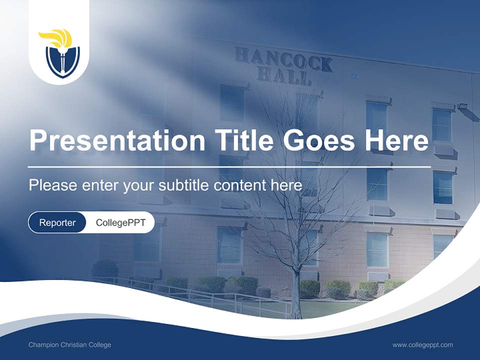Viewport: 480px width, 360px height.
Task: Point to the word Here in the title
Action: [x=396, y=140]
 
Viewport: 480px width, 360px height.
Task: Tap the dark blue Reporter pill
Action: [x=57, y=222]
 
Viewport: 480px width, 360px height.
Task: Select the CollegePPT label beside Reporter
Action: [x=120, y=222]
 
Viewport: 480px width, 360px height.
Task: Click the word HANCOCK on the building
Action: [x=283, y=59]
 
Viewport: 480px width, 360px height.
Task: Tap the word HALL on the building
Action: [x=284, y=76]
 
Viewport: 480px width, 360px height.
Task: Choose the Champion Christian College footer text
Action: [x=69, y=345]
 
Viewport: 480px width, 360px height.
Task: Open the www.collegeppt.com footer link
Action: [x=422, y=345]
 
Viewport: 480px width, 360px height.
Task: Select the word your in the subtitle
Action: [x=139, y=186]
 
